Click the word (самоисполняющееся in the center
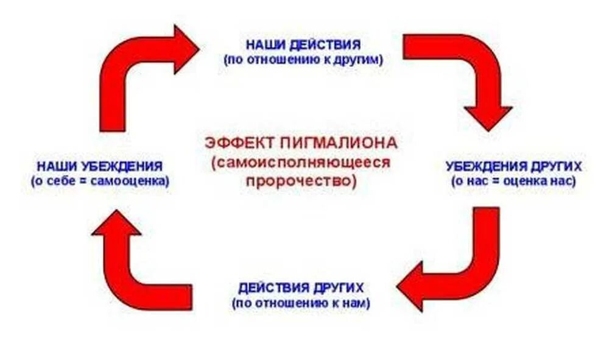(x=301, y=163)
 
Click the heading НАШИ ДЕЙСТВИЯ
(x=303, y=45)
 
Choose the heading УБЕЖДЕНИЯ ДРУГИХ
(x=513, y=166)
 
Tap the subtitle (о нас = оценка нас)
(x=513, y=181)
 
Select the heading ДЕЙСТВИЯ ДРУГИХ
(x=301, y=287)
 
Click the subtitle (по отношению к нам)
(x=301, y=302)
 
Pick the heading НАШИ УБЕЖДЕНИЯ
(x=99, y=166)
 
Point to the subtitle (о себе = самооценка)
(x=99, y=181)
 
